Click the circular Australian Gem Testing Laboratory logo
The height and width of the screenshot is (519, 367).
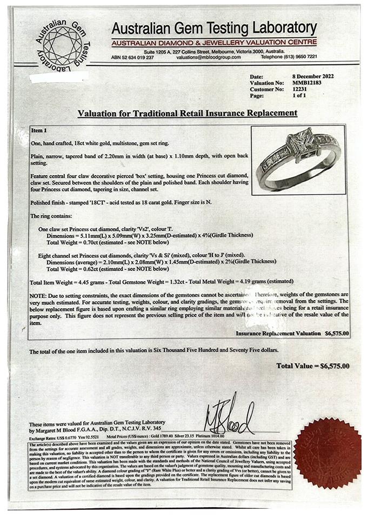coord(63,45)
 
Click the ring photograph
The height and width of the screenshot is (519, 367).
coord(298,160)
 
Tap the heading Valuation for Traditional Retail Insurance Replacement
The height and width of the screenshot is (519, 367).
coord(187,113)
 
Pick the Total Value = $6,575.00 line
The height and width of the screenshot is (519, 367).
coord(312,366)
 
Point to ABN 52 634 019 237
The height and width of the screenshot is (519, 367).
coord(132,57)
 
